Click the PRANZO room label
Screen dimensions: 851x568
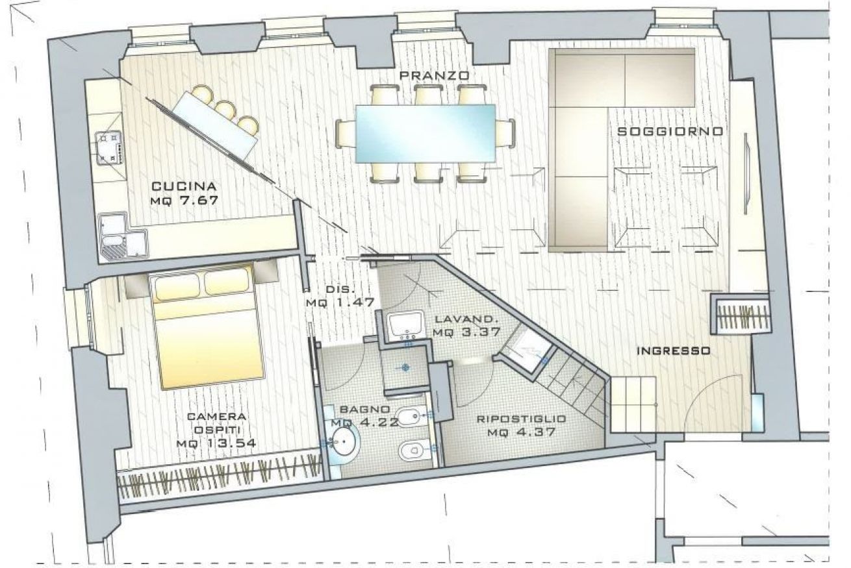click(435, 75)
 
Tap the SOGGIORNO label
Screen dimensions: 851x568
click(670, 132)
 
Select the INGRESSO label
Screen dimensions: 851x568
click(673, 351)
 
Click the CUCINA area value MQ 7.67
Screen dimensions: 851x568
click(184, 200)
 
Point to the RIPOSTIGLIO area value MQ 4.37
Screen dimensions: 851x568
click(522, 432)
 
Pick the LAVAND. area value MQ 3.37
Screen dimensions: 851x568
click(466, 332)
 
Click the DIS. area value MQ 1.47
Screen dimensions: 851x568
click(340, 303)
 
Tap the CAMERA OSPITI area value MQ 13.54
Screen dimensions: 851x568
click(216, 443)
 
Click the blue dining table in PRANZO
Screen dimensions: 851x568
click(425, 134)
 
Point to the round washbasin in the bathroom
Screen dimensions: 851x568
click(344, 441)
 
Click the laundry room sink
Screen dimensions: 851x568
click(406, 323)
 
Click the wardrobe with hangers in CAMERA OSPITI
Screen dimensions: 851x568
click(220, 476)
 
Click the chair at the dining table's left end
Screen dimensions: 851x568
click(346, 134)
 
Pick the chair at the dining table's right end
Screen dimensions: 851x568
click(505, 134)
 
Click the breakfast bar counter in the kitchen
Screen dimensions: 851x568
click(215, 125)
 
